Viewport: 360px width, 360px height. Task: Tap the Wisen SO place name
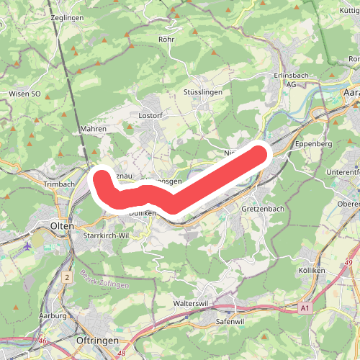coord(24,93)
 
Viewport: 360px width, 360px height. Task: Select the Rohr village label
coord(166,40)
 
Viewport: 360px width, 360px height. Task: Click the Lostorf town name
coord(151,115)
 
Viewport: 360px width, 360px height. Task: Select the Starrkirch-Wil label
coord(106,235)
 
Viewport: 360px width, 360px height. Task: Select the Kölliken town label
coord(310,270)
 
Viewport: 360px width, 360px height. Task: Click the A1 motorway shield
coord(306,308)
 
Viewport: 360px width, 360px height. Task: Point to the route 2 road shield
coord(67,277)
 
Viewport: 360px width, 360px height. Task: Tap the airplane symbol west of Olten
coord(27,246)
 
